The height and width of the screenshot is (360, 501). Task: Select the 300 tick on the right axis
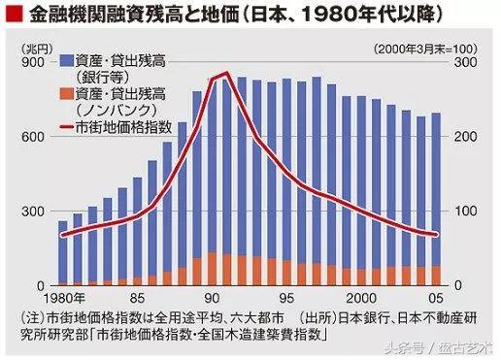[x=464, y=61]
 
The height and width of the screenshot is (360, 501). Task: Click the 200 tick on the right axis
[x=464, y=136]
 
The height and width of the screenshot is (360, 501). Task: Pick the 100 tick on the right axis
[x=464, y=211]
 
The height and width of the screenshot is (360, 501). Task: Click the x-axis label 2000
[x=362, y=297]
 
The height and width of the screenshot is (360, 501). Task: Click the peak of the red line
[x=226, y=73]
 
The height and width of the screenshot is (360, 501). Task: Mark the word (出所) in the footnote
[x=310, y=317]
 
